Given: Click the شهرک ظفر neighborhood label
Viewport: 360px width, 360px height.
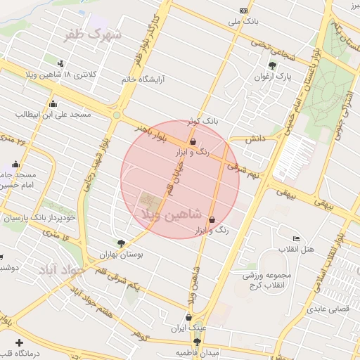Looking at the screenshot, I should point(93,34).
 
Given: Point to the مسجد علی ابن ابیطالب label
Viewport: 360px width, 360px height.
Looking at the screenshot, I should point(53,113).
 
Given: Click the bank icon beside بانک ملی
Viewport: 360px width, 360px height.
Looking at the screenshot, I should point(244,11).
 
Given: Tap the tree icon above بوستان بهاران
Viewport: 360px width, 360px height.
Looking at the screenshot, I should point(122,244).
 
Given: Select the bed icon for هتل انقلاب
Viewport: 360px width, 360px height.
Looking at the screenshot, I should point(296,238).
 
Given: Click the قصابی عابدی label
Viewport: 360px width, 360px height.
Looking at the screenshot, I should point(324,309).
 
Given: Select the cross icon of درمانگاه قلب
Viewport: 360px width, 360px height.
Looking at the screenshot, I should point(18,342).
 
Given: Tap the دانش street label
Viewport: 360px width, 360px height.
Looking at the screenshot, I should point(254,140).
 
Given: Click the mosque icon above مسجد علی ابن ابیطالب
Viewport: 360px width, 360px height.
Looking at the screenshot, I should point(53,104).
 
